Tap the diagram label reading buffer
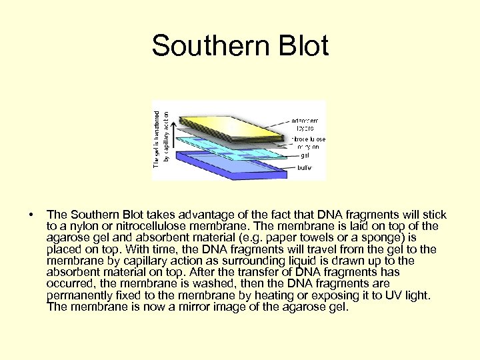(304, 167)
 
